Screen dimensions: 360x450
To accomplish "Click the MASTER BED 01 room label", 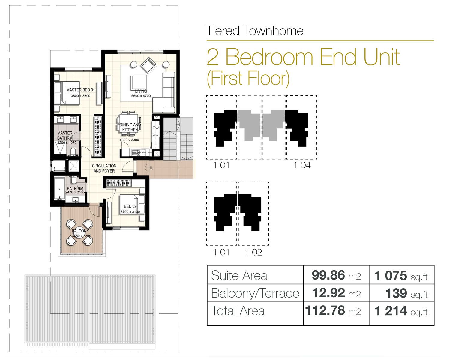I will (80, 90).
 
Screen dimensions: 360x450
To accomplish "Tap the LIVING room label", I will (141, 91).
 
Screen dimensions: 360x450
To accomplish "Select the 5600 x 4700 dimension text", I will (141, 96).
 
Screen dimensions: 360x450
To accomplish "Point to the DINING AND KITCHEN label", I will (130, 127).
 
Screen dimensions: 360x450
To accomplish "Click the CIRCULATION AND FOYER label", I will (104, 168).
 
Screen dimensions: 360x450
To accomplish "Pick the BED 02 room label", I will (130, 206).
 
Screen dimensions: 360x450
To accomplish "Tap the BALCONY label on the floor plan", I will (80, 231).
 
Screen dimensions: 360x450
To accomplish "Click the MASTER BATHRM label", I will (65, 135).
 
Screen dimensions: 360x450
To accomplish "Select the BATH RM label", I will (75, 189).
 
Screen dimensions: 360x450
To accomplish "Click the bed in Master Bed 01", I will (67, 93).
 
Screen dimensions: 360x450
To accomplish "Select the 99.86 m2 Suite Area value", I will (336, 275).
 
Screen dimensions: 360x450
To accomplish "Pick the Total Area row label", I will (238, 311).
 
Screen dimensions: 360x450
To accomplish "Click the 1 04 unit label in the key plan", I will (302, 165).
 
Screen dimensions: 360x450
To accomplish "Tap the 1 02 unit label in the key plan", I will (253, 253).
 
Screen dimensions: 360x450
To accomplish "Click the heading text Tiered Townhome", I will (255, 31).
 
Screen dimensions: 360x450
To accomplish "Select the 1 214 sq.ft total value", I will (401, 311).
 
